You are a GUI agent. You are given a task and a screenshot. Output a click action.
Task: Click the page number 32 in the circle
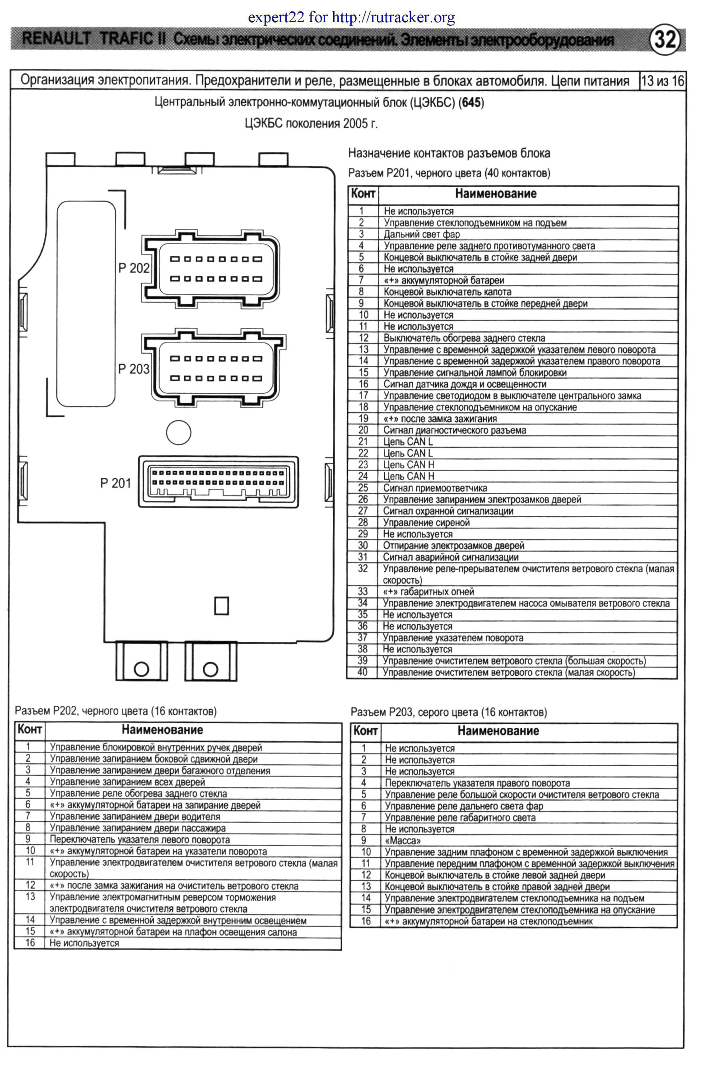665,40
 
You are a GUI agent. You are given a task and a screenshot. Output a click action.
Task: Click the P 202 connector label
134,268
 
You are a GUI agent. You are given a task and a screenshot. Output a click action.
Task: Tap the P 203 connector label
134,369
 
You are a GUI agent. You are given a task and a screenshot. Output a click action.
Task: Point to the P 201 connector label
116,483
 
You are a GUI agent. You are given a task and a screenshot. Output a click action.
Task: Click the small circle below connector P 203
179,432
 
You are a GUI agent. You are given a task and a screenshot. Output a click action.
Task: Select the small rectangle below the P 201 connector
221,606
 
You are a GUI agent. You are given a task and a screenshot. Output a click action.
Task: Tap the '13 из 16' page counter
662,81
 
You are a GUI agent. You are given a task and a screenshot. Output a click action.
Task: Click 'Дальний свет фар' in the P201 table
422,234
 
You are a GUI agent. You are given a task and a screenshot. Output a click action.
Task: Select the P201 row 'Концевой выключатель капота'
447,292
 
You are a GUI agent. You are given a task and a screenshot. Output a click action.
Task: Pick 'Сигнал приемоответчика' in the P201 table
435,488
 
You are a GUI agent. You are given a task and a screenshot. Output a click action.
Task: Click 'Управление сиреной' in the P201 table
426,522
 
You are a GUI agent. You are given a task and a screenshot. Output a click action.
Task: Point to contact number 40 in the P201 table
362,672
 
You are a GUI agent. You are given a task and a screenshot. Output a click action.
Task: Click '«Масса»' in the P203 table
403,841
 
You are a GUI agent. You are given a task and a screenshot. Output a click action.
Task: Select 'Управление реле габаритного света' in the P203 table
460,818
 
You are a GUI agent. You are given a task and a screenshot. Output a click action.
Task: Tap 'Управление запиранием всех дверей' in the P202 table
127,782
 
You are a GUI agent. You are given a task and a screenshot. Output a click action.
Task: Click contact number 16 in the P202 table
30,943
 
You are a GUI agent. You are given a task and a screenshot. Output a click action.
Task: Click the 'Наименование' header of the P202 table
162,730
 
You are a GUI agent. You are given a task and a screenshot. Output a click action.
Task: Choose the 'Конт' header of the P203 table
365,731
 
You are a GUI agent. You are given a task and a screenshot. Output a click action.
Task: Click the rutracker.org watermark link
393,18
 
